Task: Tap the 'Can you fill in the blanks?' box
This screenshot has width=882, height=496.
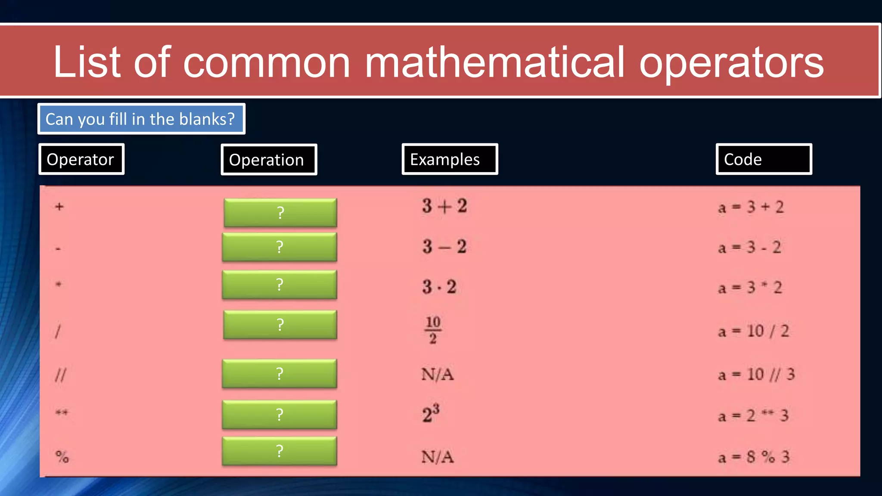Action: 141,119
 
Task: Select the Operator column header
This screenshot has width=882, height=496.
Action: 81,159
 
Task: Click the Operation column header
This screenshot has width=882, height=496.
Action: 269,160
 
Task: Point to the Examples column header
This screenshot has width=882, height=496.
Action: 450,159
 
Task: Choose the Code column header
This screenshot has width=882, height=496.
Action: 764,159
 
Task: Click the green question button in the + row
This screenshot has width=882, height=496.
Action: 280,213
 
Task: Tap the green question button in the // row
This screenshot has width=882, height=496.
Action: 280,373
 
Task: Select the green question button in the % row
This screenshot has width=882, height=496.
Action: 280,451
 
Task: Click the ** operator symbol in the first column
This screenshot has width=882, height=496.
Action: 62,413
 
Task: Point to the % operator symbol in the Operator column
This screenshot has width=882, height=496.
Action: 62,456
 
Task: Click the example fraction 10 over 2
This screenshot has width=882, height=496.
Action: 433,330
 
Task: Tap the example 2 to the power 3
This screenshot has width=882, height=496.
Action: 431,413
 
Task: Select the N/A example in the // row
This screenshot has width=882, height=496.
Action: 438,374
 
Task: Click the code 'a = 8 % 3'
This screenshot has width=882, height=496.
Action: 754,457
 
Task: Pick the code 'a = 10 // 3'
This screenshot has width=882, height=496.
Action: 756,375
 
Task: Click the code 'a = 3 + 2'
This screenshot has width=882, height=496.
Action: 751,207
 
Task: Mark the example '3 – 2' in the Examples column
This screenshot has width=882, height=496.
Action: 444,247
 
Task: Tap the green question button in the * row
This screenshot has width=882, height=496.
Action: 280,285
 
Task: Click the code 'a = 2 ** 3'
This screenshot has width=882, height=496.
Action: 753,416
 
